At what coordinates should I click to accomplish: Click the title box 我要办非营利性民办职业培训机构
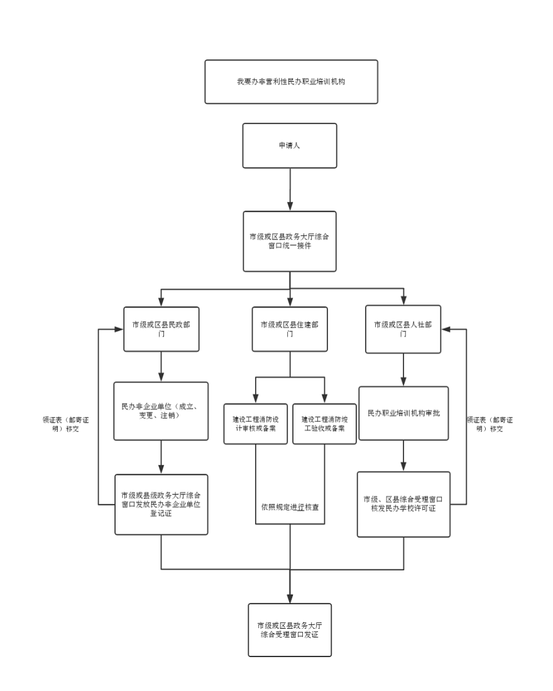pyautogui.click(x=291, y=82)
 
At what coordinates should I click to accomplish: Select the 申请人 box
pyautogui.click(x=290, y=145)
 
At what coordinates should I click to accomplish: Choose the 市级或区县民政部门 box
pyautogui.click(x=162, y=329)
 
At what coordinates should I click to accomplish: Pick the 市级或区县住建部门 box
pyautogui.click(x=290, y=329)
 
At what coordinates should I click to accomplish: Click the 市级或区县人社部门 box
pyautogui.click(x=403, y=329)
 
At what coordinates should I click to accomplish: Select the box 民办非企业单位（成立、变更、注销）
pyautogui.click(x=162, y=411)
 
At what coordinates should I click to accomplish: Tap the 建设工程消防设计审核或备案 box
pyautogui.click(x=255, y=424)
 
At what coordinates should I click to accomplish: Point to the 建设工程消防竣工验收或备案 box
pyautogui.click(x=324, y=424)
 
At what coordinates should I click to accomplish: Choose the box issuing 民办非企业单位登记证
pyautogui.click(x=162, y=504)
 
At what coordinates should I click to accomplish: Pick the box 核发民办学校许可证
pyautogui.click(x=403, y=504)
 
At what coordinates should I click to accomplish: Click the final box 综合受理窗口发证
pyautogui.click(x=290, y=629)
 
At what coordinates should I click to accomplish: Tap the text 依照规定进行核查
pyautogui.click(x=290, y=506)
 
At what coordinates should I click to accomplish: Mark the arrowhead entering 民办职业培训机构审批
pyautogui.click(x=403, y=382)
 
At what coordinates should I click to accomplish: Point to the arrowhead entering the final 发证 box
pyautogui.click(x=290, y=598)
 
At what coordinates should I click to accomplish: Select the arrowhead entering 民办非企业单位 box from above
pyautogui.click(x=162, y=377)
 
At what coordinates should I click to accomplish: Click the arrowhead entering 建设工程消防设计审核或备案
pyautogui.click(x=255, y=399)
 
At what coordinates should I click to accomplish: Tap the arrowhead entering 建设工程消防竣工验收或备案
pyautogui.click(x=324, y=399)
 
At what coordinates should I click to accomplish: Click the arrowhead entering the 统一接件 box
pyautogui.click(x=290, y=206)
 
